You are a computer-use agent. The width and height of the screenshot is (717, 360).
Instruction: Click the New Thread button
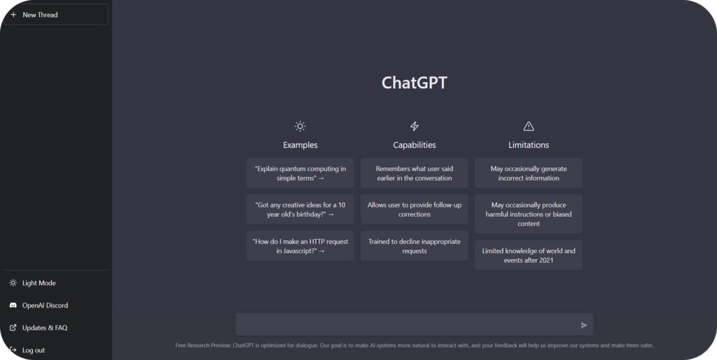(56, 15)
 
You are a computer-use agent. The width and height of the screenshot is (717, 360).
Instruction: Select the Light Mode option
(39, 283)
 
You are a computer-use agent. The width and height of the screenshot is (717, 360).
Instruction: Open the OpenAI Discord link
(45, 305)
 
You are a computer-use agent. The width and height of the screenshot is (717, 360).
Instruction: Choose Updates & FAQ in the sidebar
(44, 328)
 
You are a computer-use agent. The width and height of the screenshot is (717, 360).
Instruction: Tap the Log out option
(34, 350)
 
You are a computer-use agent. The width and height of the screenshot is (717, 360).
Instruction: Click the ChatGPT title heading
(415, 83)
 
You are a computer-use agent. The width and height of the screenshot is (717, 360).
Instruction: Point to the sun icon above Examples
(300, 126)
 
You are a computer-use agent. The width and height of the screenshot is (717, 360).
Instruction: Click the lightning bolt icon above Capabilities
(415, 126)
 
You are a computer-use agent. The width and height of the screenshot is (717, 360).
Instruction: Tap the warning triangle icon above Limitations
(529, 126)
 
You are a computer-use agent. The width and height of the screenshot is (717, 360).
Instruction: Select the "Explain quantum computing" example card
(300, 173)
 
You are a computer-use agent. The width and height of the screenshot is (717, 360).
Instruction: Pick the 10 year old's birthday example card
(300, 209)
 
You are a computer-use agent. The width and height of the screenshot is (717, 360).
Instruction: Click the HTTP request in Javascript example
(300, 246)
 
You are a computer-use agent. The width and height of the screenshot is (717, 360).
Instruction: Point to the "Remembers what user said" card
(415, 173)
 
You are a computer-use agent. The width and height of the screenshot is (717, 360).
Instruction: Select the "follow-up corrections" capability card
(415, 209)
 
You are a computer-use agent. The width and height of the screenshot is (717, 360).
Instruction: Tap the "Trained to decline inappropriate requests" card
(415, 246)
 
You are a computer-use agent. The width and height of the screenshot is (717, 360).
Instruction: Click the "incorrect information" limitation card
(529, 173)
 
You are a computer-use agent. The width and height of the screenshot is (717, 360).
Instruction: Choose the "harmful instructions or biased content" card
(529, 214)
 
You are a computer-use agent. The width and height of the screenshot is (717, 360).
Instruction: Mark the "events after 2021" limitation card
(529, 255)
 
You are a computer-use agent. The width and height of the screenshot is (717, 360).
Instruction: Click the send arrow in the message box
(584, 325)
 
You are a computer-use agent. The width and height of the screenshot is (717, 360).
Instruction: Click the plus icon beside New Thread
(13, 15)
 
